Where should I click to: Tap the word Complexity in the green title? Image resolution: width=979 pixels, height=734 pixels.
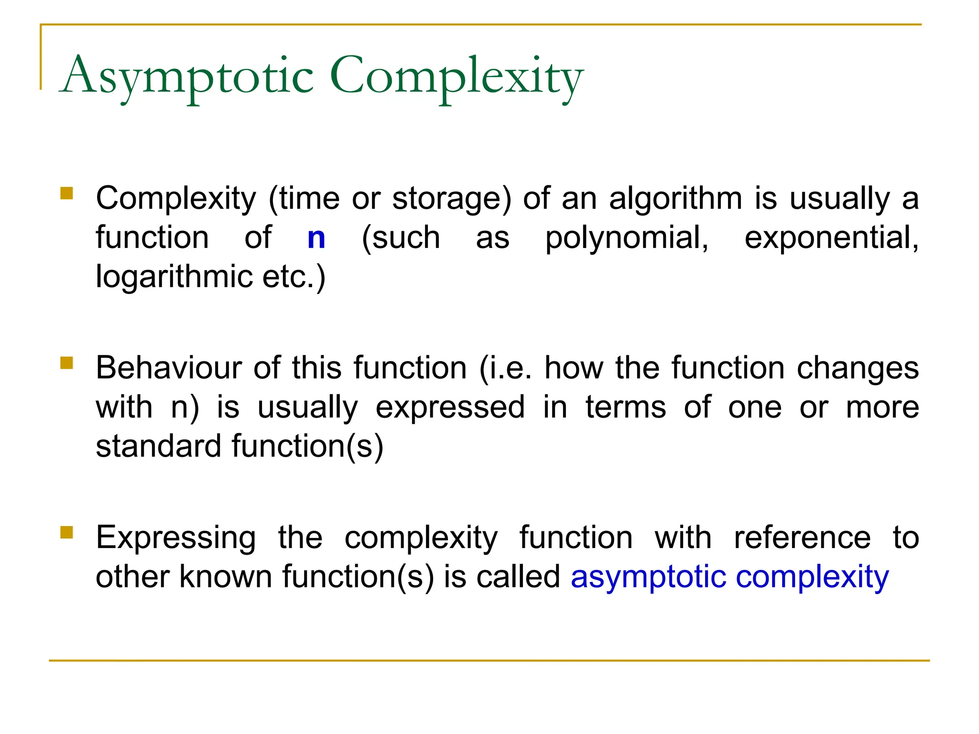click(457, 76)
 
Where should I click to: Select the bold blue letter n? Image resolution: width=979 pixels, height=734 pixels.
click(316, 238)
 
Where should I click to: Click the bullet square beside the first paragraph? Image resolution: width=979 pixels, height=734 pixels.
click(67, 193)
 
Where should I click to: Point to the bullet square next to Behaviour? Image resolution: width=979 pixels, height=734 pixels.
click(67, 363)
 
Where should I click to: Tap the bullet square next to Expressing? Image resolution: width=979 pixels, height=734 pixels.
click(67, 532)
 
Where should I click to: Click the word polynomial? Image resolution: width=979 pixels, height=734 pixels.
click(627, 238)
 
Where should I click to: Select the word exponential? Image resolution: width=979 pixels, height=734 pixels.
click(831, 238)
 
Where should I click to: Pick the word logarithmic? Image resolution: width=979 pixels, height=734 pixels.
click(174, 277)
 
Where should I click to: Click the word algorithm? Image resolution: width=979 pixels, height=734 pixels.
click(676, 199)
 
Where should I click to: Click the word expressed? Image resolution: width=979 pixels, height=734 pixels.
click(450, 408)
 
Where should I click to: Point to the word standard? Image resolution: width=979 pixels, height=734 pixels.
click(157, 446)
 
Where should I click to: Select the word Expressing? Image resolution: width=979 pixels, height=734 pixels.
click(176, 538)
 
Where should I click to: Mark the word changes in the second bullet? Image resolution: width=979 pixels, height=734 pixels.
click(858, 368)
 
